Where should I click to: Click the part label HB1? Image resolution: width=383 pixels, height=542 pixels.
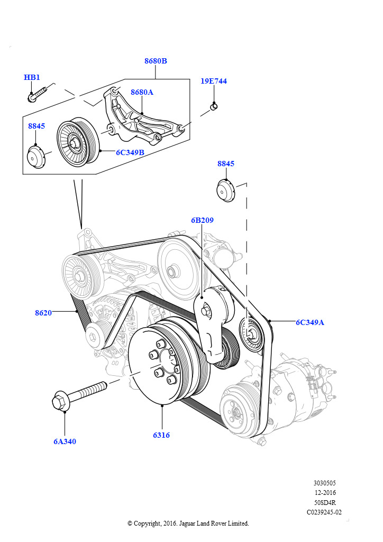(32, 77)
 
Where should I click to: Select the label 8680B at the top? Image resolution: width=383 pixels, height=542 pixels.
(156, 61)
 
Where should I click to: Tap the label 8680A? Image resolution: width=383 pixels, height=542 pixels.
(142, 92)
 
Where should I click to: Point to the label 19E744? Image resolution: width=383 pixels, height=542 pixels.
(214, 81)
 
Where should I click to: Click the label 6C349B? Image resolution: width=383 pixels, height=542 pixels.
(130, 152)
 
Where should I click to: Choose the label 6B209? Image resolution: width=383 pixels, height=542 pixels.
(202, 220)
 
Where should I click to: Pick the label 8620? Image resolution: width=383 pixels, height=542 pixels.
(43, 312)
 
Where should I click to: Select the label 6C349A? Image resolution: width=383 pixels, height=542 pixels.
(309, 322)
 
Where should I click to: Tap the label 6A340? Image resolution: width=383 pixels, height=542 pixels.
(65, 441)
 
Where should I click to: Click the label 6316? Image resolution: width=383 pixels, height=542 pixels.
(161, 435)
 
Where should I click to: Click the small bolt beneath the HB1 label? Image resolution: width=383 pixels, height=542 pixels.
(36, 96)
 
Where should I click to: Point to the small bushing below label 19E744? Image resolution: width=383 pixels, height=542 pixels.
(214, 107)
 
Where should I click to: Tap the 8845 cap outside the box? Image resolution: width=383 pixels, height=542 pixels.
(225, 190)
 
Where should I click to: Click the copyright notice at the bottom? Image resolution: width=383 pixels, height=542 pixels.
(188, 523)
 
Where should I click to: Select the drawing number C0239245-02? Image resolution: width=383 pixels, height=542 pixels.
(324, 512)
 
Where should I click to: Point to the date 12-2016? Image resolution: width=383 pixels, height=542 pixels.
(325, 492)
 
